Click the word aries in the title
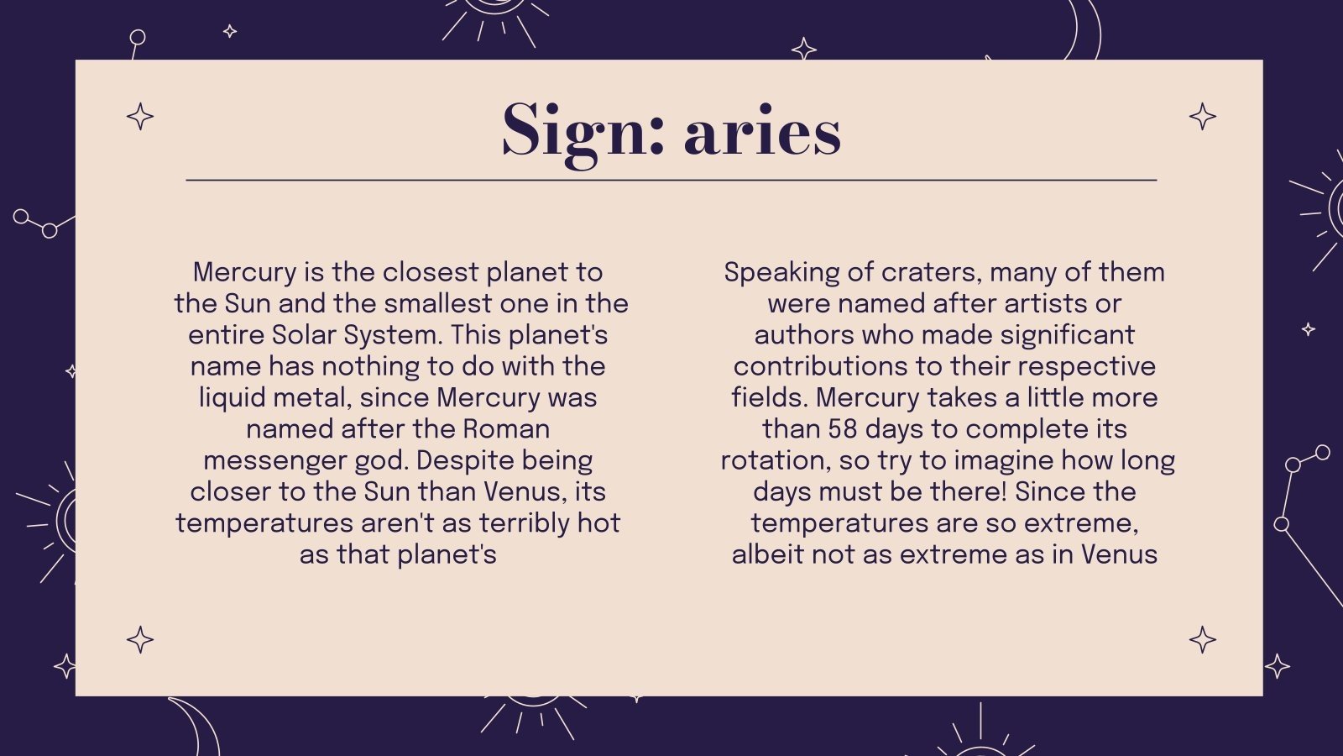[x=762, y=133]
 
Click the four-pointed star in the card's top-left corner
[x=140, y=116]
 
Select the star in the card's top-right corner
[x=1202, y=116]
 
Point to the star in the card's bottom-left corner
[x=140, y=640]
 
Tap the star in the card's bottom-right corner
[x=1202, y=640]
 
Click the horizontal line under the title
[x=671, y=180]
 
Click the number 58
[x=842, y=429]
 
